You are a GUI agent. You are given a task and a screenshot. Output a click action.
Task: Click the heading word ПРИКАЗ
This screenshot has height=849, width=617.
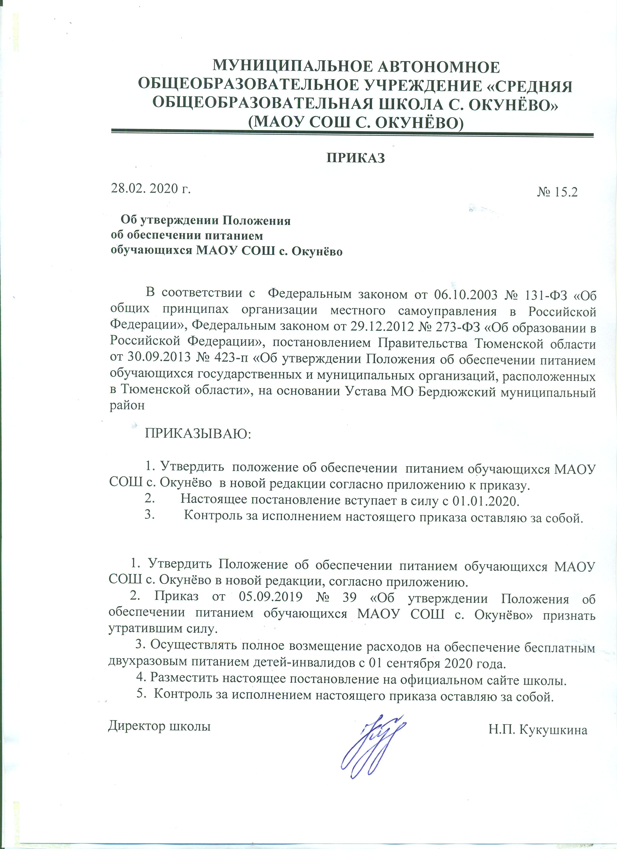pyautogui.click(x=356, y=158)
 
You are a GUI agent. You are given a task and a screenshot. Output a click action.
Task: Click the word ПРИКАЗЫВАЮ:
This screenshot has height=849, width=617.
pyautogui.click(x=198, y=434)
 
